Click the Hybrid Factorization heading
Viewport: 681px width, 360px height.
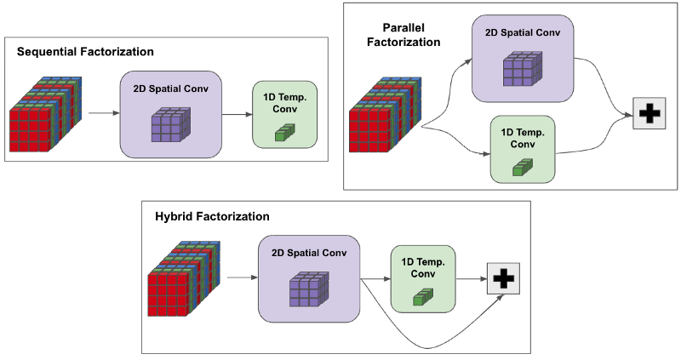(x=212, y=216)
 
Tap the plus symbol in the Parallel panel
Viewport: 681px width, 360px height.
(x=649, y=114)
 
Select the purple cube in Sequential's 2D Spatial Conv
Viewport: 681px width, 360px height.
(x=167, y=127)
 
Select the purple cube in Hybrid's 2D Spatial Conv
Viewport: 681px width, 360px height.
(x=306, y=289)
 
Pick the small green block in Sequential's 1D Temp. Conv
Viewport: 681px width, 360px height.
(x=283, y=131)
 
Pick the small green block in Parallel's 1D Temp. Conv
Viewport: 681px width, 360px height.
(x=519, y=168)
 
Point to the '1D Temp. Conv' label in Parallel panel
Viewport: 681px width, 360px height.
(x=522, y=137)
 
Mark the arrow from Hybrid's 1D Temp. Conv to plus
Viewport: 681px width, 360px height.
(x=470, y=277)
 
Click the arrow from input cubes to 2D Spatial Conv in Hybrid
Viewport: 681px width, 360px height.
(x=243, y=277)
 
